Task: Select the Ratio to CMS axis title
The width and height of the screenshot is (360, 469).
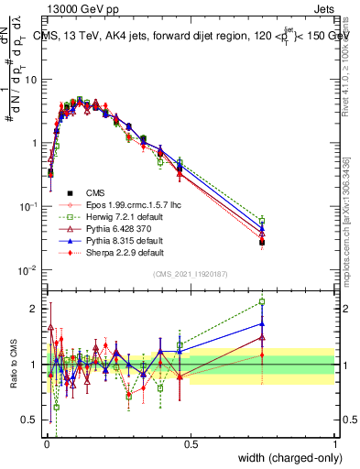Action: (12, 365)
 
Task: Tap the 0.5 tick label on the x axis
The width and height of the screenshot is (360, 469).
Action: (191, 443)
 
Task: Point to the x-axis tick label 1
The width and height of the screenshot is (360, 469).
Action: (334, 443)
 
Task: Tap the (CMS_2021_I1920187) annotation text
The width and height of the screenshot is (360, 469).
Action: (190, 275)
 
